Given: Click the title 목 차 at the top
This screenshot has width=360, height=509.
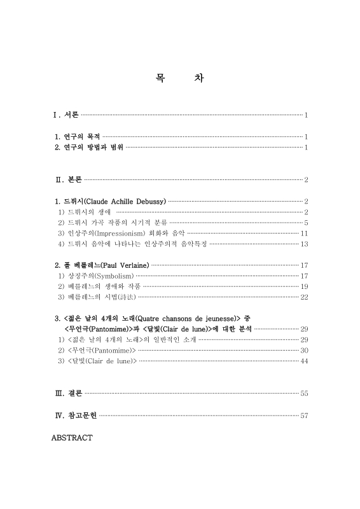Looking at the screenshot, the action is [179, 79].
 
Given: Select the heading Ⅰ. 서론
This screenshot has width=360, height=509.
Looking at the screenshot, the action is [66, 115].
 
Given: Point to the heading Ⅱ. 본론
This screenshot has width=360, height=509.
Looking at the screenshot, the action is [69, 180].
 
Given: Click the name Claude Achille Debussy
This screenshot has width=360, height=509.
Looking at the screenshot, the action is [125, 202].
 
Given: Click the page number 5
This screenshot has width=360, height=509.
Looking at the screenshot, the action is [306, 223].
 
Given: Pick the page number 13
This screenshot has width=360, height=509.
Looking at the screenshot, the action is [304, 244].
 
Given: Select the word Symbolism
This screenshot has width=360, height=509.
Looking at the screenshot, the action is [114, 275].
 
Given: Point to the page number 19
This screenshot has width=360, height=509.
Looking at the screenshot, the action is [304, 286].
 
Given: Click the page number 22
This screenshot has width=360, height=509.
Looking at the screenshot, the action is [304, 297].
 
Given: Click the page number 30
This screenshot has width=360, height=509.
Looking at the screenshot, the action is [304, 351].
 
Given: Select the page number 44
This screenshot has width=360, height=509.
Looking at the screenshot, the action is [304, 361].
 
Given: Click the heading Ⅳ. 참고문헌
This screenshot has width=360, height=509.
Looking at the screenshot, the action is [76, 416].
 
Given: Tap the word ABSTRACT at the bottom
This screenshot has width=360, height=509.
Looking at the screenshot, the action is [72, 438].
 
